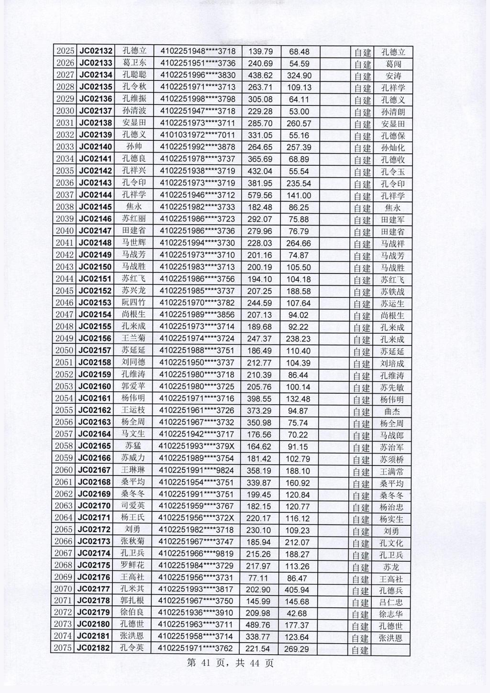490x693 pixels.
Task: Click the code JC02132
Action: click(96, 51)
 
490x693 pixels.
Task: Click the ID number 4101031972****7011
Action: click(198, 136)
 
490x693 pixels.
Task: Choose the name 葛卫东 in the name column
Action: click(134, 63)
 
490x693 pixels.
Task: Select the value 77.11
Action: click(257, 578)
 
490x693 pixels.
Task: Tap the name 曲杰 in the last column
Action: click(392, 411)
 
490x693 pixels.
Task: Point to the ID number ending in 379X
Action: click(197, 446)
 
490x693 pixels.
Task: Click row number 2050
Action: click(64, 351)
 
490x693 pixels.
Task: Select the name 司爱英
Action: click(133, 506)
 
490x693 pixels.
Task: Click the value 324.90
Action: click(299, 76)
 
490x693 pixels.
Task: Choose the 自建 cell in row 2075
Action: click(360, 650)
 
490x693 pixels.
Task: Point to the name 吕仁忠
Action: click(391, 602)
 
